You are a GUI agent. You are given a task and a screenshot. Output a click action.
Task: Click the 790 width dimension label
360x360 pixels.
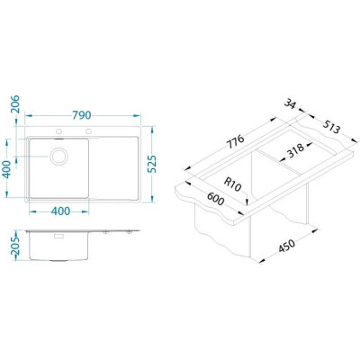tap(82, 115)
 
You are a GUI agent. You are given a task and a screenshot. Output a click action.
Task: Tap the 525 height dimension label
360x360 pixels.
tap(153, 164)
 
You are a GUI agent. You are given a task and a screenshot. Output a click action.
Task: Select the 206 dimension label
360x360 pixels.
tap(14, 104)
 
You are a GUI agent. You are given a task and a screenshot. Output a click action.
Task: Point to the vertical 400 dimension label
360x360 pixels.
tap(6, 169)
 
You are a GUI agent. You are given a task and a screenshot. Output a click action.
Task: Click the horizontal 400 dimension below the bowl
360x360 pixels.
tap(60, 211)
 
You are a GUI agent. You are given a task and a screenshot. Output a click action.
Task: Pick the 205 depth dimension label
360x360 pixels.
tap(14, 246)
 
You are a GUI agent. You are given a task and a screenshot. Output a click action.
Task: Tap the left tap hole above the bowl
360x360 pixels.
tap(58, 131)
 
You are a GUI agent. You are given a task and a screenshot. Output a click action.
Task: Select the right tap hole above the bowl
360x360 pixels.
tap(88, 131)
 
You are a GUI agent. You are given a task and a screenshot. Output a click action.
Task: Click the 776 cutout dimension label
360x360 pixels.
tap(235, 141)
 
